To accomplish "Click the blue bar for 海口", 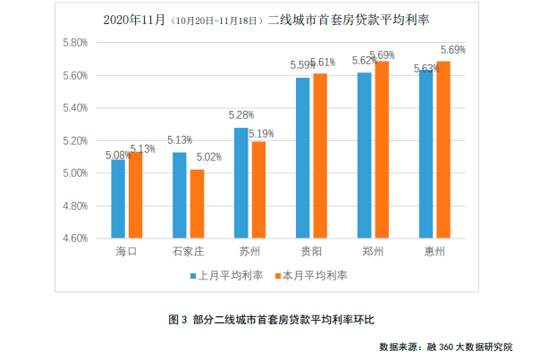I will [x=118, y=198].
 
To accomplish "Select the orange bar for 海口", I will [x=135, y=195].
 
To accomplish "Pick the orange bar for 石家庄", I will [x=197, y=204].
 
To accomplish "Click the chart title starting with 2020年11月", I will [x=268, y=19].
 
